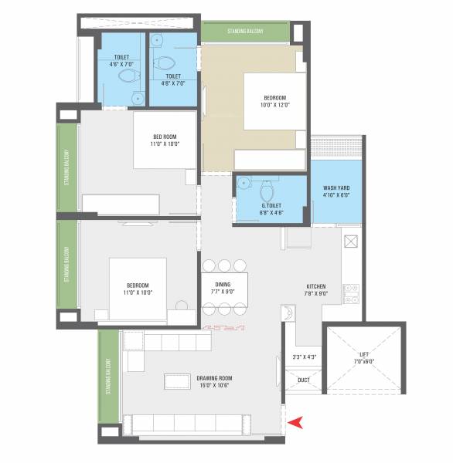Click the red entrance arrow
click(295, 421)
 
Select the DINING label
click(223, 285)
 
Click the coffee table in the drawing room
click(179, 383)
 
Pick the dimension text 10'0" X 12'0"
click(274, 105)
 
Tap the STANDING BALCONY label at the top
click(245, 32)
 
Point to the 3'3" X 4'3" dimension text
click(304, 357)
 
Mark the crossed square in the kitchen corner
click(351, 241)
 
